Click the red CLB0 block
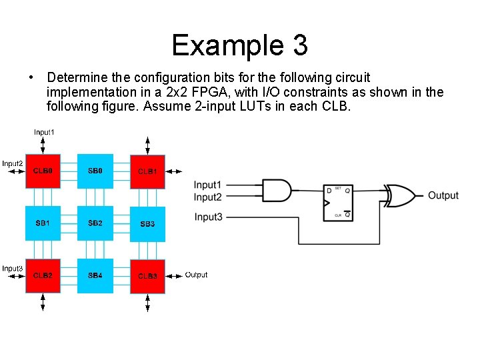click(x=43, y=171)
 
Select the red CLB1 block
click(x=147, y=171)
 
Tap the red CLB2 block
click(x=43, y=275)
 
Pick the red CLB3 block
click(x=147, y=275)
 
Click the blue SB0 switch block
click(x=95, y=171)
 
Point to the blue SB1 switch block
click(x=43, y=223)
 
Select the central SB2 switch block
click(x=95, y=223)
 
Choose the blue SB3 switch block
click(x=147, y=223)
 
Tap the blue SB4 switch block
click(x=95, y=275)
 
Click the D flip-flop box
click(x=338, y=202)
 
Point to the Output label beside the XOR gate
click(x=443, y=195)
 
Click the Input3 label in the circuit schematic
click(x=208, y=217)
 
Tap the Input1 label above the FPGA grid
click(x=45, y=132)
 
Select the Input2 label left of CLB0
click(x=13, y=163)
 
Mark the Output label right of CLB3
click(x=196, y=275)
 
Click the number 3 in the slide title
click(x=299, y=45)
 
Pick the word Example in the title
click(x=227, y=45)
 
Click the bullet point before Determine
click(x=32, y=78)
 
